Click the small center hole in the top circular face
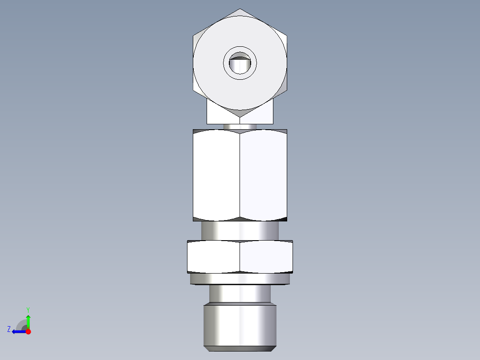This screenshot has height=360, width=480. pyautogui.click(x=240, y=64)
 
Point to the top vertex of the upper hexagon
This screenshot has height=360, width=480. pyautogui.click(x=240, y=9)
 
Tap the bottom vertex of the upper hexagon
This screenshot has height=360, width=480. pyautogui.click(x=240, y=117)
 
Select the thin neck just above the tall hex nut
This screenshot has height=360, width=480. pyautogui.click(x=240, y=127)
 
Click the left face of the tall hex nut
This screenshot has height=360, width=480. pyautogui.click(x=216, y=175)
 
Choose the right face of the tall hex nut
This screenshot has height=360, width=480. pyautogui.click(x=263, y=175)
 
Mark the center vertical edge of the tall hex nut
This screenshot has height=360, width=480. pyautogui.click(x=240, y=175)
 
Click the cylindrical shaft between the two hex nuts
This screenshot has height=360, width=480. pyautogui.click(x=240, y=231)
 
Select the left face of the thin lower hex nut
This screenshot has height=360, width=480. pyautogui.click(x=214, y=257)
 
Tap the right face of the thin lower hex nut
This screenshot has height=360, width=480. pyautogui.click(x=266, y=257)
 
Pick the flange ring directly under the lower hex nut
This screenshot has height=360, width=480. pyautogui.click(x=240, y=279)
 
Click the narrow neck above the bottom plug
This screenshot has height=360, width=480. pyautogui.click(x=240, y=294)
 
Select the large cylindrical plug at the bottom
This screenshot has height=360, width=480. pyautogui.click(x=240, y=323)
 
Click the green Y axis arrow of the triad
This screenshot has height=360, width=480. pyautogui.click(x=28, y=321)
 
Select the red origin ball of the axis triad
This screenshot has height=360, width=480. pyautogui.click(x=28, y=331)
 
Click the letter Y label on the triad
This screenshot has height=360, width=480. pyautogui.click(x=28, y=309)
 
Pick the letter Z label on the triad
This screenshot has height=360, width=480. pyautogui.click(x=9, y=329)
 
